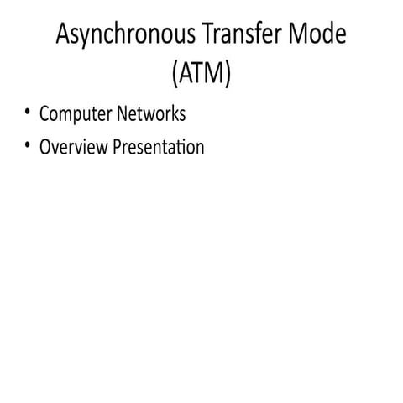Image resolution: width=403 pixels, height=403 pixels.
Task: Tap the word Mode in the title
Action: (318, 36)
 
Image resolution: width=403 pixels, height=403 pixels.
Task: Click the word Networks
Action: (150, 113)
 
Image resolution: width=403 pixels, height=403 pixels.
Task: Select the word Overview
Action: (73, 147)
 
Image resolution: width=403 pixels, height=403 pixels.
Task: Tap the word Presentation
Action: (158, 147)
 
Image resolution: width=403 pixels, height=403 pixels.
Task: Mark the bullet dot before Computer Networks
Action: (29, 112)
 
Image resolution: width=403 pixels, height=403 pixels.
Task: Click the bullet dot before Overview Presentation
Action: (29, 145)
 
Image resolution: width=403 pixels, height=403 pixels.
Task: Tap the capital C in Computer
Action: (44, 113)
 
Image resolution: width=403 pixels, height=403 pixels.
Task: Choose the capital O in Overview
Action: (45, 147)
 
